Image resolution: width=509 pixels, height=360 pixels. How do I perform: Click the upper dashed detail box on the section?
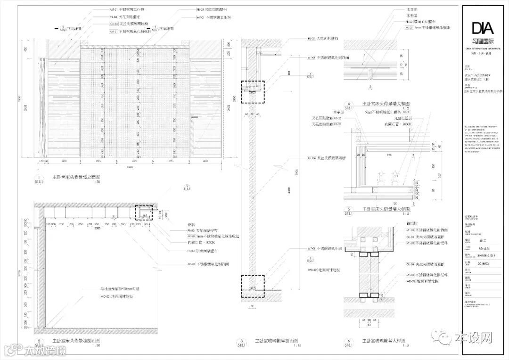pyautogui.click(x=254, y=91)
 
